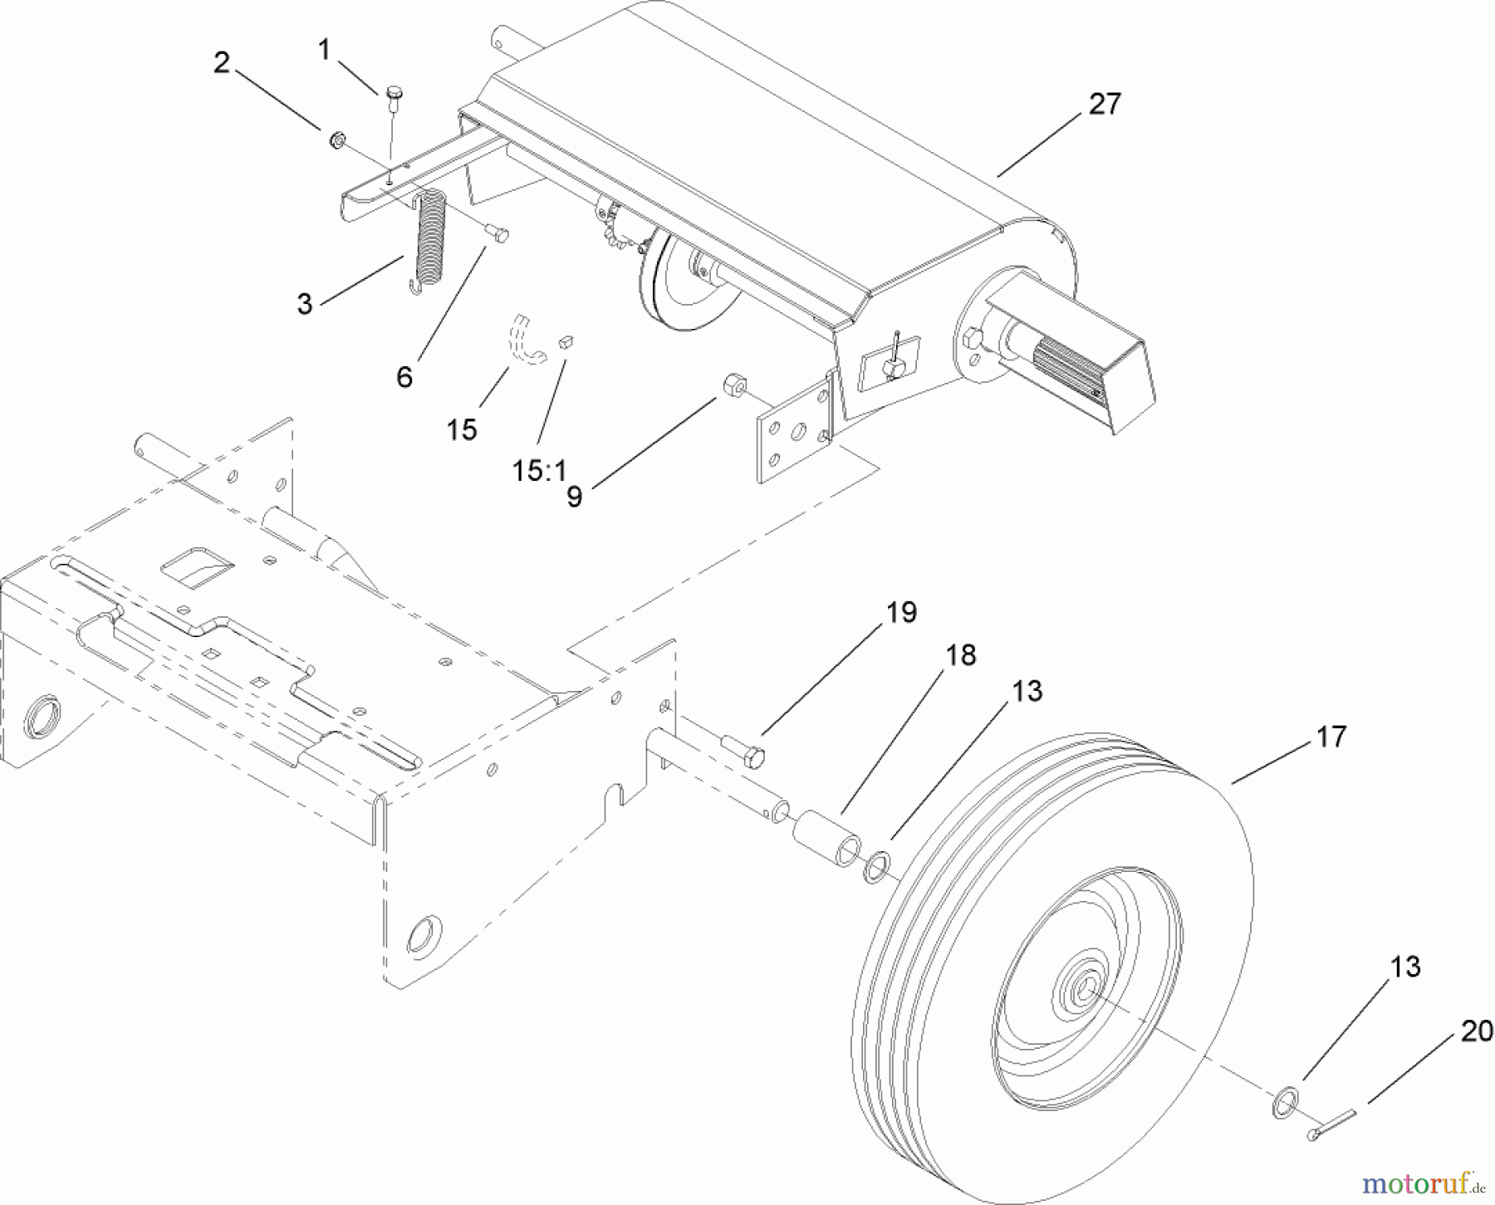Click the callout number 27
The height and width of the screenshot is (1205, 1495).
pos(1104,105)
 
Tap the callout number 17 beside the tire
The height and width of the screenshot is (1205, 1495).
pos(1331,737)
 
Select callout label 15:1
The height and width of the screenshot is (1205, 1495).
pos(539,471)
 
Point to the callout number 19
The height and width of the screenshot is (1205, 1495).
pos(901,613)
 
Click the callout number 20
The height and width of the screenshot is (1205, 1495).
pos(1477,1031)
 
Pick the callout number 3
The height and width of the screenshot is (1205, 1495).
pos(305,304)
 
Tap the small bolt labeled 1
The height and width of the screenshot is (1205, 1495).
pos(394,96)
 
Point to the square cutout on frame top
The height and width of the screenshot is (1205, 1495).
pos(197,567)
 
